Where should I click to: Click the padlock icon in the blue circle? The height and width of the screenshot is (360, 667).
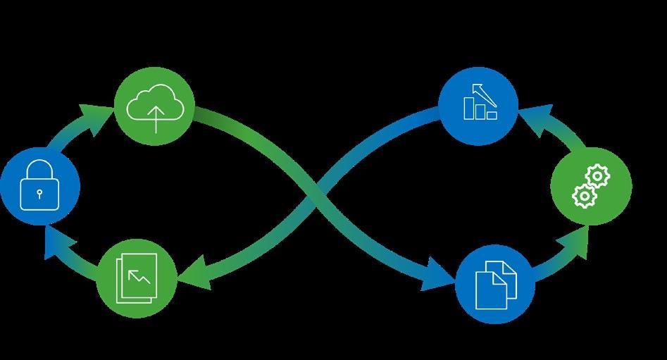click(40, 185)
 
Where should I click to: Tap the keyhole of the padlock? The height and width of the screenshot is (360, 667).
click(40, 192)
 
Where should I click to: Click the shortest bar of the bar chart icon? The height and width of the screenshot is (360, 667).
click(492, 114)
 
